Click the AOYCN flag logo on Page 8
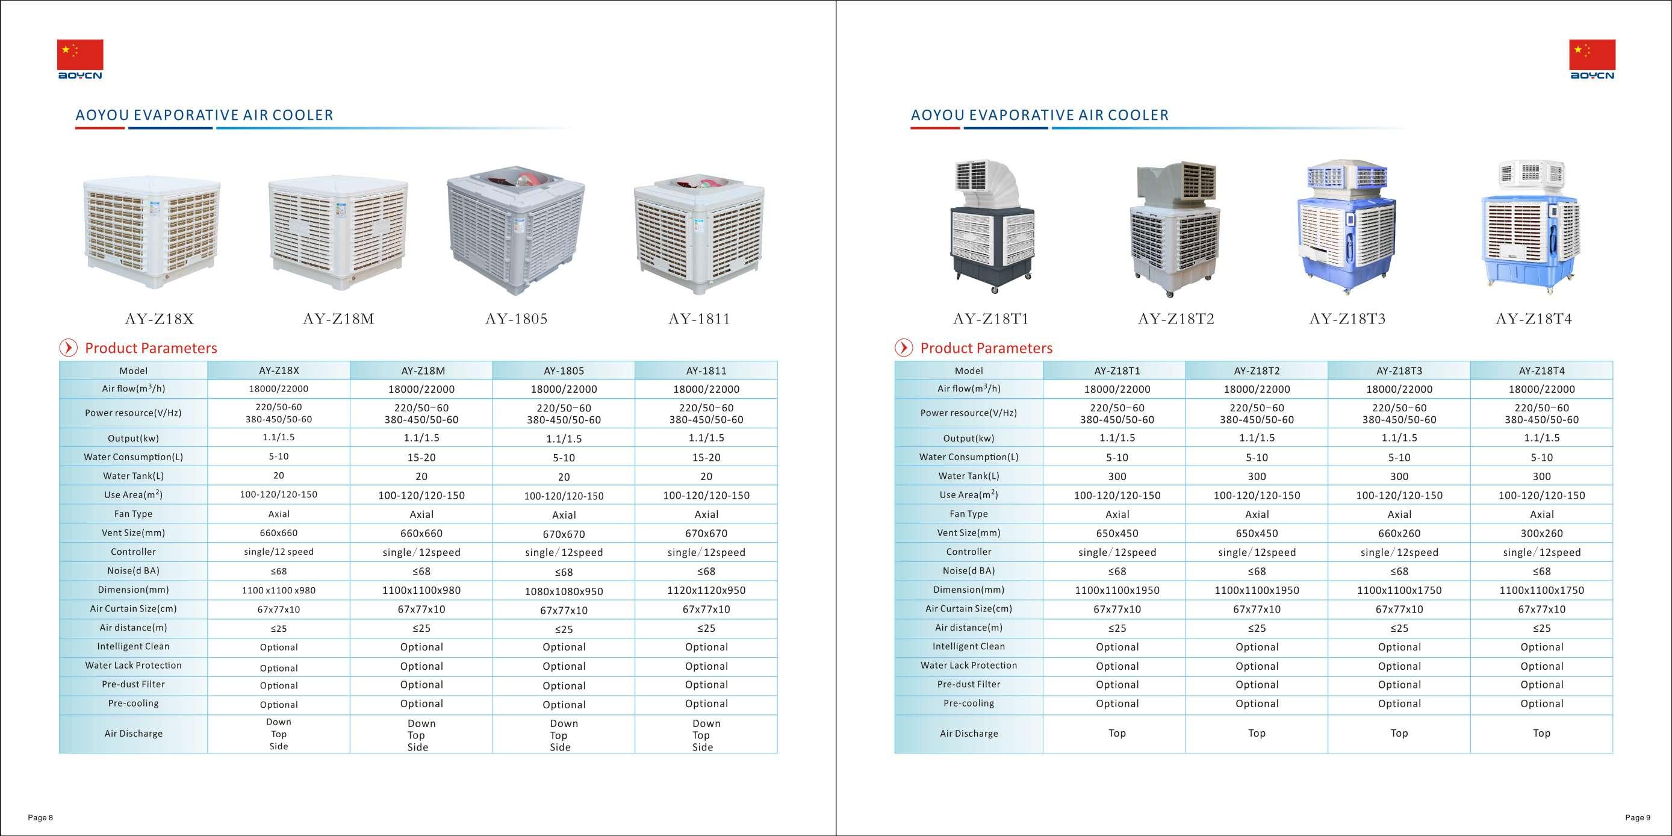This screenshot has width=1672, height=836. (x=80, y=59)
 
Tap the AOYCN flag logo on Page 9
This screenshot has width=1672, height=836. (x=1591, y=59)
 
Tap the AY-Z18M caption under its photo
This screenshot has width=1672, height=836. (x=338, y=319)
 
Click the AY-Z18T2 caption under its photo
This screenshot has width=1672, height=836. (x=1175, y=319)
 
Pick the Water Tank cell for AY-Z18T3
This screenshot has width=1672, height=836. (x=1399, y=476)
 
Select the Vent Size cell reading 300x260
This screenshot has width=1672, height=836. (x=1541, y=534)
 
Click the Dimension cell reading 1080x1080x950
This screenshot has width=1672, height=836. (x=564, y=591)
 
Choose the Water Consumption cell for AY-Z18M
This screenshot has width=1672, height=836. (x=421, y=458)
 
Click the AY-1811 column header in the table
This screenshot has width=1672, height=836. (x=706, y=371)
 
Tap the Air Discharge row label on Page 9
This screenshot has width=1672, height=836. (x=968, y=734)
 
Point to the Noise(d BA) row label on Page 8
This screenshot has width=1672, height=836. (x=133, y=571)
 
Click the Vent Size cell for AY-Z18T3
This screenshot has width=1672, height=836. (x=1399, y=534)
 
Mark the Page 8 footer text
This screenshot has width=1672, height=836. (x=40, y=818)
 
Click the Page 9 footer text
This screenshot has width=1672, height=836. (x=1637, y=818)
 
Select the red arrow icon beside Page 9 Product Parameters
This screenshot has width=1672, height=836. (x=904, y=348)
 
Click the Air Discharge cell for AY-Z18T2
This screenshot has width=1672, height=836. (x=1257, y=734)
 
